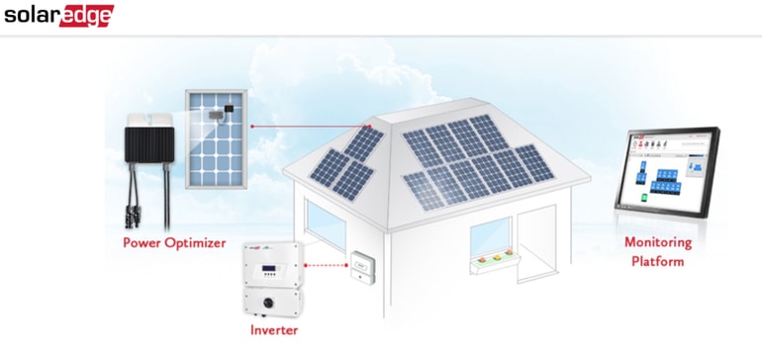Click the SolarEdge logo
pos(58,16)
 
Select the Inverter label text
pos(273,328)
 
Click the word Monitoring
pos(658,242)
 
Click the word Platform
pos(658,261)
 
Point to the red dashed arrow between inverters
pos(325,264)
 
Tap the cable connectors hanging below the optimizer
pos(148,209)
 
